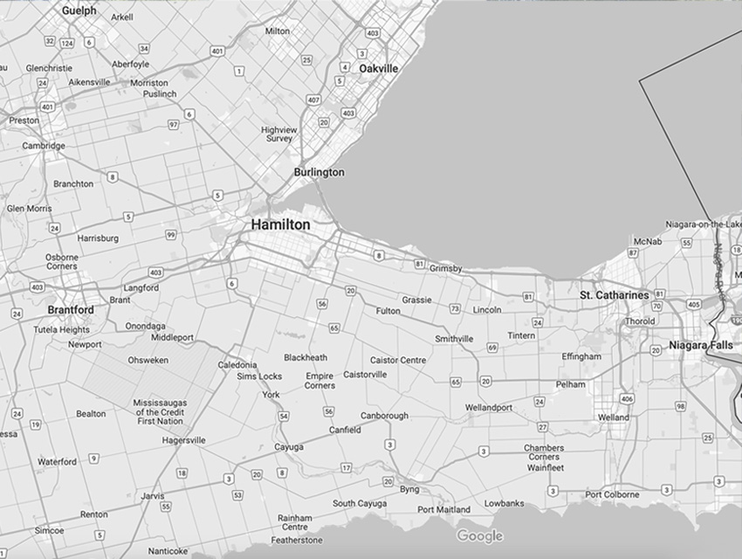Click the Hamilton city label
280,224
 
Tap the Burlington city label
319,172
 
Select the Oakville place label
378,68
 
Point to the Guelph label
79,10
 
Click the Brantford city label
71,310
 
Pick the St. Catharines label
615,295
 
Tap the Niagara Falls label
701,345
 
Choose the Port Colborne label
612,494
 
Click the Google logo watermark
479,535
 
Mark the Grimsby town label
446,268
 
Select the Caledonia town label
237,364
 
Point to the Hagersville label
183,440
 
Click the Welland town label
614,418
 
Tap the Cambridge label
44,146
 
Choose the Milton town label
278,31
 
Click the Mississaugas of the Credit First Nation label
160,411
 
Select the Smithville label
454,339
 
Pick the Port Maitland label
443,509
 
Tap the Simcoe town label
49,530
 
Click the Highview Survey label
279,134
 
